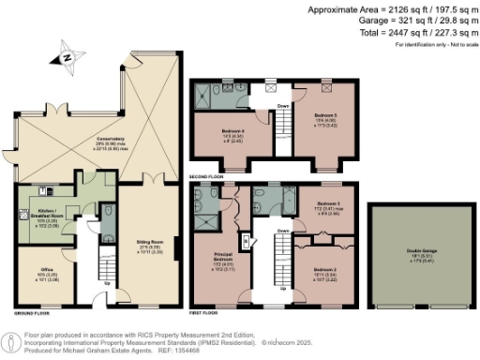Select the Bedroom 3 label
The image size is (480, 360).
tap(328, 205)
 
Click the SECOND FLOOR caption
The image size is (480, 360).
tap(207, 175)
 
